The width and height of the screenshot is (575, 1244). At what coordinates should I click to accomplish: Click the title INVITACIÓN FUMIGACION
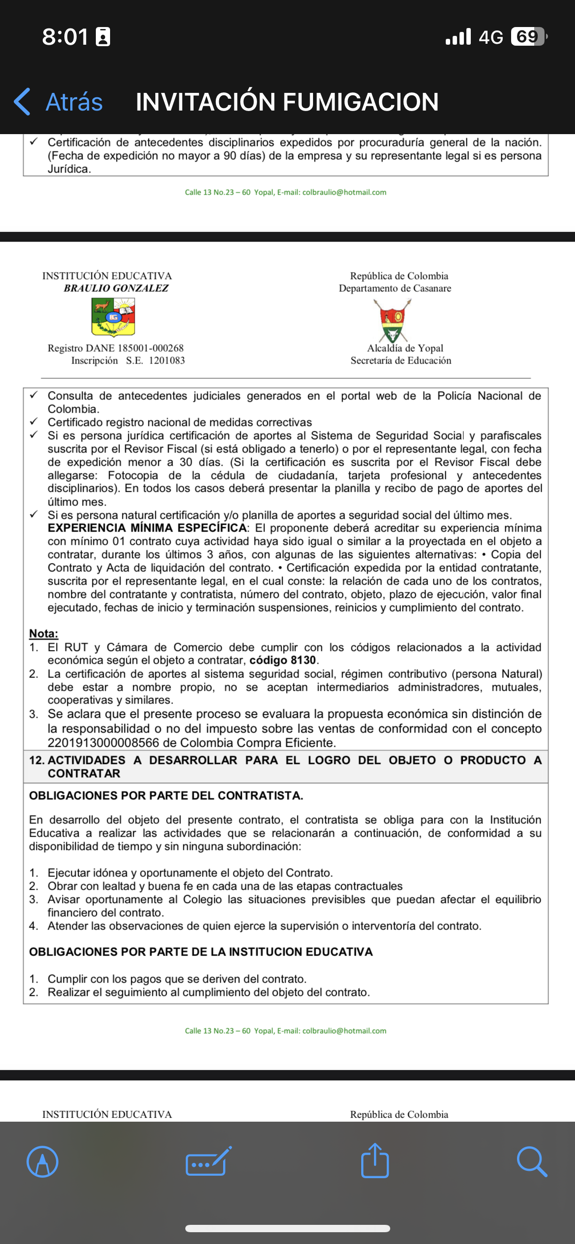tap(287, 102)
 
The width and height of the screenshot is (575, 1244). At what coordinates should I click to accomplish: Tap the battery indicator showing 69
tap(528, 36)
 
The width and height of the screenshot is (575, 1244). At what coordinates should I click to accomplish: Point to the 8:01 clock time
tap(65, 37)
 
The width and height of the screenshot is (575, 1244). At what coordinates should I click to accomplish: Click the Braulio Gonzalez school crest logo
tap(114, 317)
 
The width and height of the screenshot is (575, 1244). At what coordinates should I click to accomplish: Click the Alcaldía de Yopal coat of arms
tap(392, 320)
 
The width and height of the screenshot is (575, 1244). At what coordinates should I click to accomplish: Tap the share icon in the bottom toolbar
tap(375, 1161)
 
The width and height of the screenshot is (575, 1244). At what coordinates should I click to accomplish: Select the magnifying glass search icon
tap(532, 1161)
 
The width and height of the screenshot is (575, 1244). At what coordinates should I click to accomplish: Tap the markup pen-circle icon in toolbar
tap(43, 1161)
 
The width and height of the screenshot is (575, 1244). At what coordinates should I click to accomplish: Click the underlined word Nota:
tap(44, 634)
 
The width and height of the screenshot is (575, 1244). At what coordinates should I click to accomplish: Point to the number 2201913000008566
tap(103, 743)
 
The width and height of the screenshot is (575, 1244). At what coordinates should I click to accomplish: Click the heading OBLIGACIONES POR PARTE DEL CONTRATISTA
tap(166, 796)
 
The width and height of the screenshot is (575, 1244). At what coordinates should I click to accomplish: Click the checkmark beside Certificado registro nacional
tap(34, 422)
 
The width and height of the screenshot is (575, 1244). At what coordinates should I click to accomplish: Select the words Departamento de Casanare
tap(395, 288)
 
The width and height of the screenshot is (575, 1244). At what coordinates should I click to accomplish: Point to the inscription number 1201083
tap(167, 361)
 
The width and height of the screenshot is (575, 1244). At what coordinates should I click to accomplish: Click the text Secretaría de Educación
tap(401, 361)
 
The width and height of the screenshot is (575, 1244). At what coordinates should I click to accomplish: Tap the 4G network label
tap(490, 37)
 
